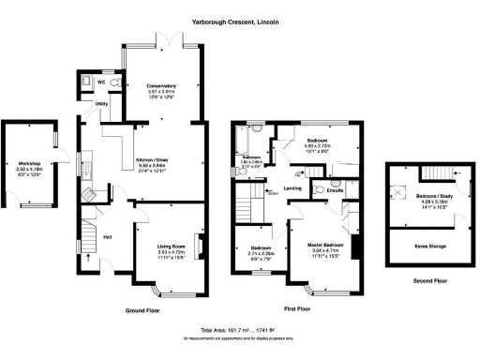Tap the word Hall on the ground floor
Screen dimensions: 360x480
(108, 235)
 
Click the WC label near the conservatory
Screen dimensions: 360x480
(102, 82)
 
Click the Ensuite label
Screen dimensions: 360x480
(335, 191)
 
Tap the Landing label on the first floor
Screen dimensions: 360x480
(293, 187)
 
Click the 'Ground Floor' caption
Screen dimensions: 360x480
(145, 308)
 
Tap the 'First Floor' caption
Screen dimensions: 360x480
(297, 307)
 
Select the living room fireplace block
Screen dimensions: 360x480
(197, 240)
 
